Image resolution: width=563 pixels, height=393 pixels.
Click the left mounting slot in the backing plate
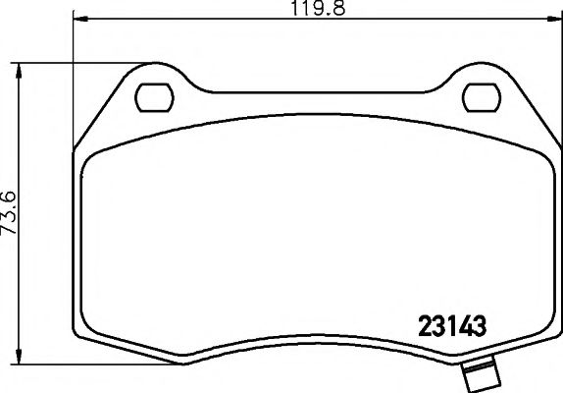153,96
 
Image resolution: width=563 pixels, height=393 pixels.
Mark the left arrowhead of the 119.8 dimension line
79,19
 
